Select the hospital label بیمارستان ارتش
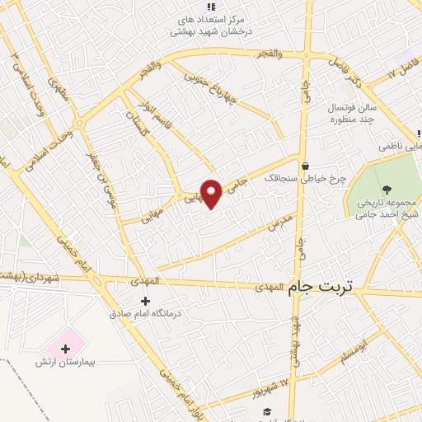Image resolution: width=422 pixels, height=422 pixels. [66, 362]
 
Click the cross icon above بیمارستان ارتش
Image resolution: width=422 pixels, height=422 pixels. [66, 349]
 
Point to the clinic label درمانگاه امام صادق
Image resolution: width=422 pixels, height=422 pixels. [146, 314]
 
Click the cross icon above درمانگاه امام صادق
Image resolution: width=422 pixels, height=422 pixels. [146, 302]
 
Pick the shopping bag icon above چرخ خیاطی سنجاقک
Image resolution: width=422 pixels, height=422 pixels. [305, 166]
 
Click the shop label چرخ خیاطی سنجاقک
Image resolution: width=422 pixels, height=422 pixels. [305, 177]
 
